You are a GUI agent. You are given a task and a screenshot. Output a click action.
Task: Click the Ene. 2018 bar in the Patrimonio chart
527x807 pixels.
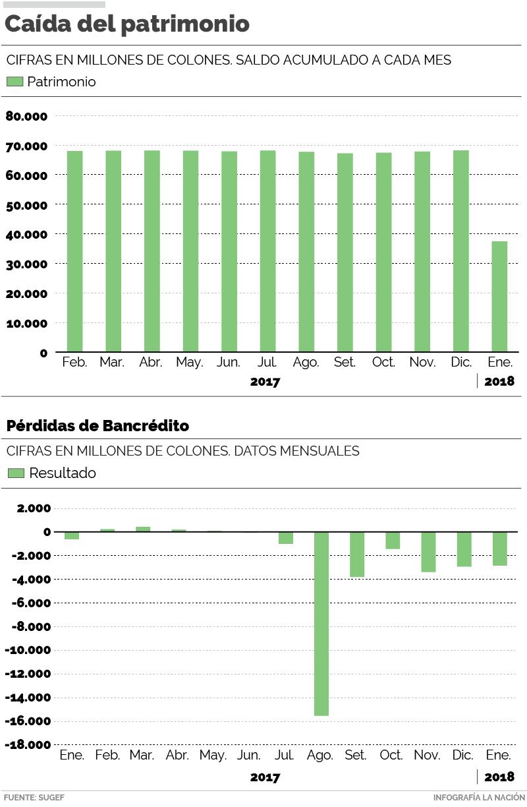499,296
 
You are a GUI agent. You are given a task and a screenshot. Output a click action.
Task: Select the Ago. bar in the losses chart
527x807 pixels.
321,623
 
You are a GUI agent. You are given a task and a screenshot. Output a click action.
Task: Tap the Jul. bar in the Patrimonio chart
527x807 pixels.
267,251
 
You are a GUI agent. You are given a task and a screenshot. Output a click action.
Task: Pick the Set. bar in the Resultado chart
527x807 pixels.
357,554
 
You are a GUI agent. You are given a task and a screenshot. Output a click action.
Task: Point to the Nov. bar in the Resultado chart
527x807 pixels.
428,551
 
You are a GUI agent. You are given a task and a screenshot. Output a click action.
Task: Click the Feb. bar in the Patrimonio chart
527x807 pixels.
74,251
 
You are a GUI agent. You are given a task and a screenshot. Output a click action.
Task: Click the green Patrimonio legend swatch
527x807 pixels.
14,82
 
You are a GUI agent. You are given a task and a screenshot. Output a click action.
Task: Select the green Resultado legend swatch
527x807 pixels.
16,473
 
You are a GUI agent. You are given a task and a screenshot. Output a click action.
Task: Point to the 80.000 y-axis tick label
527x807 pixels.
26,116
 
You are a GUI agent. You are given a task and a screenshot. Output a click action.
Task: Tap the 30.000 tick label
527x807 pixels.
26,264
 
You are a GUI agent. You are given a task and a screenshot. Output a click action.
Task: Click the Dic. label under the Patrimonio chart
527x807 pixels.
460,362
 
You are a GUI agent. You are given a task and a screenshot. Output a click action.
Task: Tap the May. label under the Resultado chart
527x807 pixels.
213,755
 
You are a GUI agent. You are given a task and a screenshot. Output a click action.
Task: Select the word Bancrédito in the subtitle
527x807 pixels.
146,426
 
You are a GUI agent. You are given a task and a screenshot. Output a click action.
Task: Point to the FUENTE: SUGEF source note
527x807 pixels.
34,797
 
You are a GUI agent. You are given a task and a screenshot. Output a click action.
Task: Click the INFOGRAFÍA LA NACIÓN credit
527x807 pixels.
479,797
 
